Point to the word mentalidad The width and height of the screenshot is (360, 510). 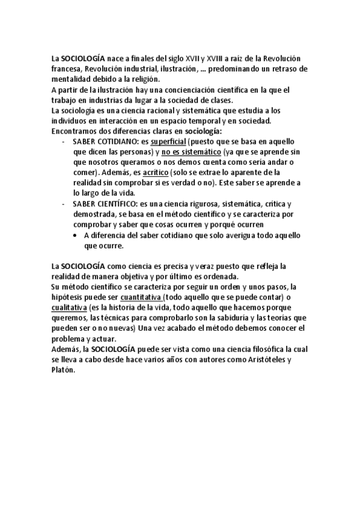(x=72, y=79)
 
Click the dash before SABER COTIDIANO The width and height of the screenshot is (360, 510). (x=64, y=141)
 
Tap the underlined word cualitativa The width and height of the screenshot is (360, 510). (x=69, y=307)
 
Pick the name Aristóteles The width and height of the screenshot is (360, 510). (x=260, y=360)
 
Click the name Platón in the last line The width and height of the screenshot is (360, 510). (x=64, y=370)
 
